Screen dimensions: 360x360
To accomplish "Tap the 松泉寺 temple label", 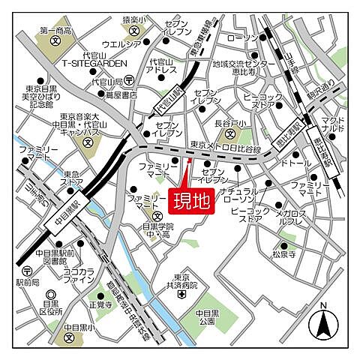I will click(285, 253).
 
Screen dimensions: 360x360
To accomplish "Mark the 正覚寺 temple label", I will click(100, 305).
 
